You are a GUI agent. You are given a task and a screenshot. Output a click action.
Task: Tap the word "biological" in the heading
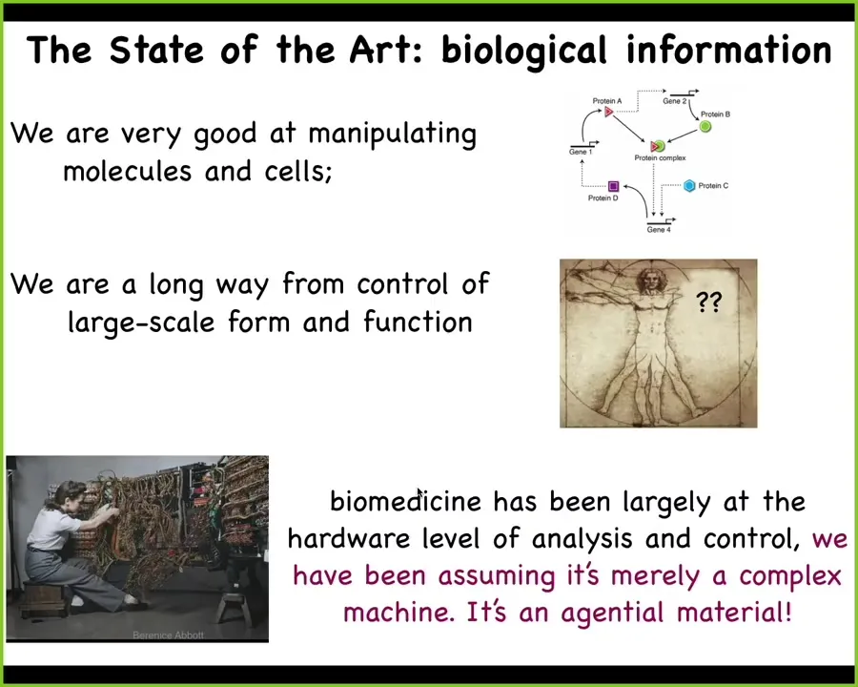pyautogui.click(x=524, y=52)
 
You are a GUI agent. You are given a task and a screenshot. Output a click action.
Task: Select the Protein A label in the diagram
pyautogui.click(x=607, y=101)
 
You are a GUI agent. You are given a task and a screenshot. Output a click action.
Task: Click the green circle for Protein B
pyautogui.click(x=705, y=127)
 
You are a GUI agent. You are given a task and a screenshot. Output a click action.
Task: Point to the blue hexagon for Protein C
pyautogui.click(x=689, y=186)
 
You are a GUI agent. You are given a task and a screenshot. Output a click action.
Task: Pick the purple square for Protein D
pyautogui.click(x=613, y=186)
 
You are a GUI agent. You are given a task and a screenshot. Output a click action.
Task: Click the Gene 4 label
pyautogui.click(x=658, y=230)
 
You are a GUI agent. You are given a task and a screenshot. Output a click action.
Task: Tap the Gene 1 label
pyautogui.click(x=581, y=152)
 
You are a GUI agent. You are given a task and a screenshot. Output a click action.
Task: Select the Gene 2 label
pyautogui.click(x=674, y=101)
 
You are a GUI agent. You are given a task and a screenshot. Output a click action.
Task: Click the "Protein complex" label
pyautogui.click(x=660, y=157)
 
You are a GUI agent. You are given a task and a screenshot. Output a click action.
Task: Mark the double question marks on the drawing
pyautogui.click(x=709, y=302)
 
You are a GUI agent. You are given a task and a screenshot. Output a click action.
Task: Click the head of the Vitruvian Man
pyautogui.click(x=650, y=281)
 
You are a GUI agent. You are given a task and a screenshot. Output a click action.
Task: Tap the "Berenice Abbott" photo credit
pyautogui.click(x=168, y=635)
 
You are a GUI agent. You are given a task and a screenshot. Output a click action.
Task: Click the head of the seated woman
pyautogui.click(x=69, y=496)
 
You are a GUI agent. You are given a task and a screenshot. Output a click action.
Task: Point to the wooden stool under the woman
pyautogui.click(x=44, y=599)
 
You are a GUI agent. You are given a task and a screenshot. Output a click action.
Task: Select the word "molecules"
pyautogui.click(x=128, y=172)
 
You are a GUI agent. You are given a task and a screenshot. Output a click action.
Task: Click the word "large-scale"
pyautogui.click(x=141, y=323)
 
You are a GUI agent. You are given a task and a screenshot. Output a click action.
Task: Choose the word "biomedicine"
pyautogui.click(x=406, y=501)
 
